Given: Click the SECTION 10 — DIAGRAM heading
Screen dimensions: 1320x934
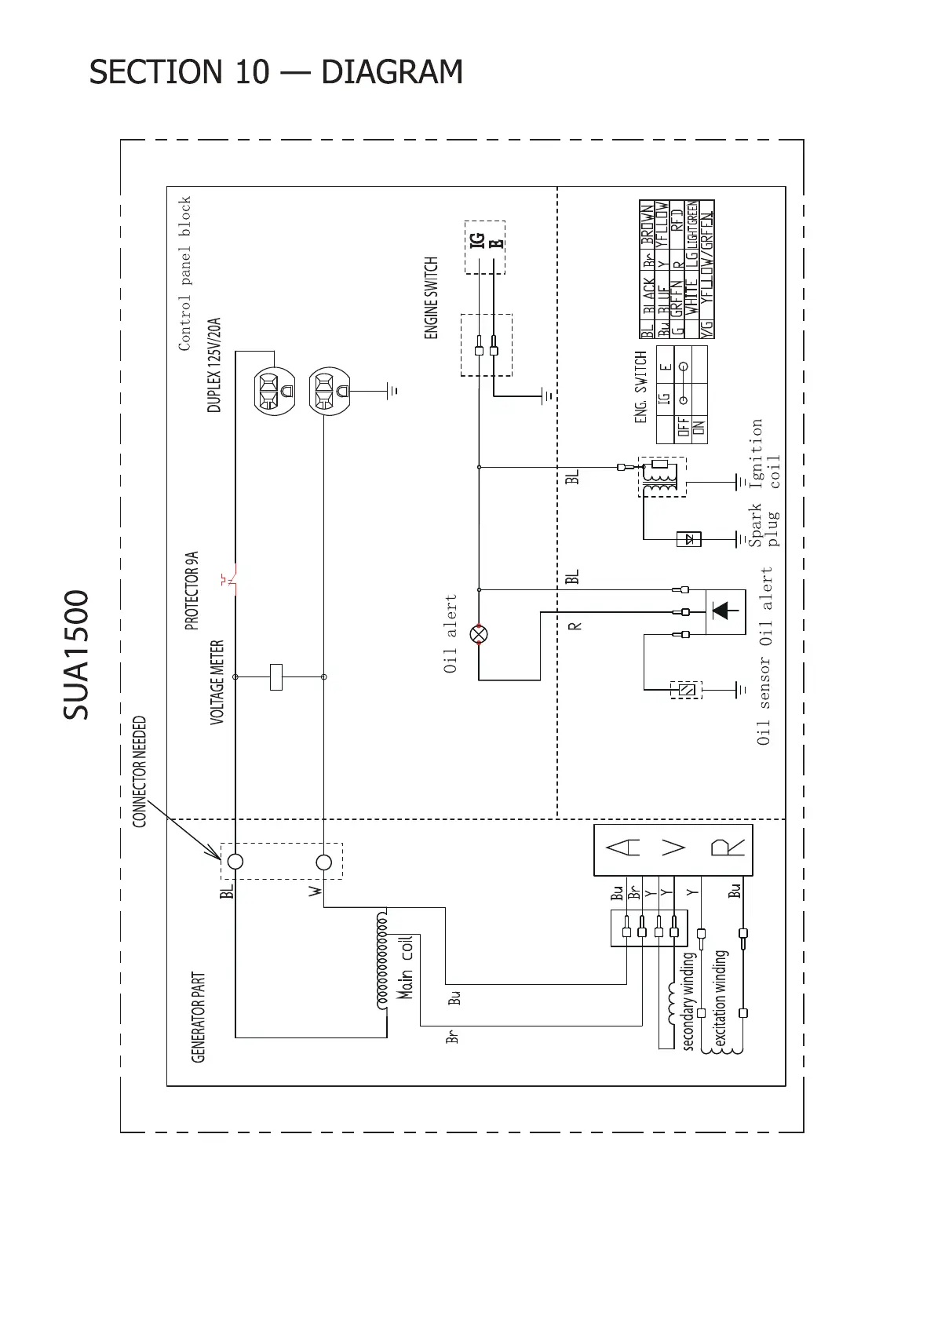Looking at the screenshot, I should (275, 72).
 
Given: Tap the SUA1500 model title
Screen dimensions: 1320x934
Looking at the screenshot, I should (76, 655).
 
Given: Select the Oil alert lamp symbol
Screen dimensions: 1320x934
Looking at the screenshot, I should (479, 633).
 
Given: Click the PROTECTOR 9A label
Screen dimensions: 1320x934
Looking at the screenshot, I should (192, 591).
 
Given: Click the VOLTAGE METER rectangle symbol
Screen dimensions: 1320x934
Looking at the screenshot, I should (275, 676).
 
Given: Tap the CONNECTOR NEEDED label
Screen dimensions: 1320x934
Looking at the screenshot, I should (140, 771).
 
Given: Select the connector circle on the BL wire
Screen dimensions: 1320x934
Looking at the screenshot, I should (235, 862).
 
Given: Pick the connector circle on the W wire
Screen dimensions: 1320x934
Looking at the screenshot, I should (323, 862).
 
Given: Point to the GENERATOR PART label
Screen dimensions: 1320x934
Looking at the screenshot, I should (199, 1018).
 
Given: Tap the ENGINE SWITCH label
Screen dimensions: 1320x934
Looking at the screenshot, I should (432, 298).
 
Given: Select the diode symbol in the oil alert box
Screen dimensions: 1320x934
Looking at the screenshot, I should (724, 611).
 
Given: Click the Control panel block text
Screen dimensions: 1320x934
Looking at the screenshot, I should (185, 273).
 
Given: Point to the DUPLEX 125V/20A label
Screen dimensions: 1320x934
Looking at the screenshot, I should (214, 365).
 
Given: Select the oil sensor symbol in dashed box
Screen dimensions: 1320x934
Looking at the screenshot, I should (687, 690).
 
